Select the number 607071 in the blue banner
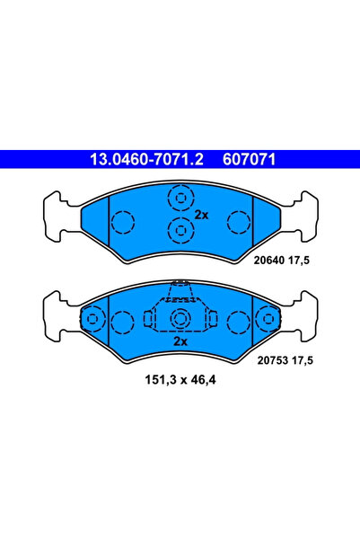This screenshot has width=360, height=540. (x=245, y=159)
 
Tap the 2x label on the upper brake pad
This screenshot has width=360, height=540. (x=202, y=216)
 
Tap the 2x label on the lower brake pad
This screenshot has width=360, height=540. (x=180, y=342)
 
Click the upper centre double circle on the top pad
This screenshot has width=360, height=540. (x=180, y=199)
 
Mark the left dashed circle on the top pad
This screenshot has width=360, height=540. (x=121, y=220)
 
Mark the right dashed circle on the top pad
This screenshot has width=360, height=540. (x=239, y=220)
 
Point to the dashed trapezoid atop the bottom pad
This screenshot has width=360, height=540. (x=180, y=289)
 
